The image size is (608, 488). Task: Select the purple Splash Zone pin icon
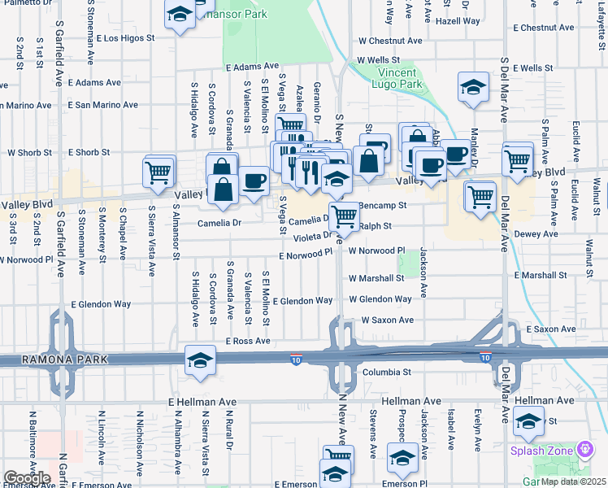point(584,450)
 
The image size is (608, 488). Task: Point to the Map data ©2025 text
point(573,481)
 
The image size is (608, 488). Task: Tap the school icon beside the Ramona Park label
point(200,360)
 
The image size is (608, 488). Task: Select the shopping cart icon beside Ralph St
point(345,216)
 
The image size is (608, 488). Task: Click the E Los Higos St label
point(125,38)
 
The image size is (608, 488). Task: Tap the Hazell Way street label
point(458,22)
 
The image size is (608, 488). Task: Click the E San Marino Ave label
point(103,105)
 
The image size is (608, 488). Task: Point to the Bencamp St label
point(382,207)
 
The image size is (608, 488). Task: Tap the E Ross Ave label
point(248,341)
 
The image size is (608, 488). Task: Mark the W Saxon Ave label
point(387,320)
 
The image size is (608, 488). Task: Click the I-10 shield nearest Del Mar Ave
point(485,357)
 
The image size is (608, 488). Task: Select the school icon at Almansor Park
point(180,14)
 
